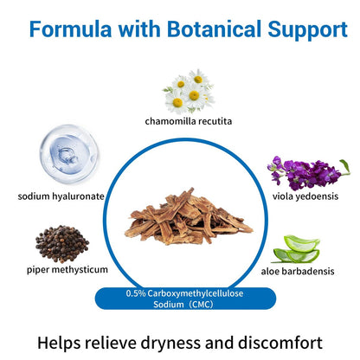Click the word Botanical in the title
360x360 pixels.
215,29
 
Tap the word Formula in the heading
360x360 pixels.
70,29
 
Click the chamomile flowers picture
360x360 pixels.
189,92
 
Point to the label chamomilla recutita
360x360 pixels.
189,121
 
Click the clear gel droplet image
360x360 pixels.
69,154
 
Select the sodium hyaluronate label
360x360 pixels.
61,196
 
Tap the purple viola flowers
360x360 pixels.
305,173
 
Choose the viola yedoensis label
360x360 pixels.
305,196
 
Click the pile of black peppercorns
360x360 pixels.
62,244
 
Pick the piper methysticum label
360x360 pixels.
67,270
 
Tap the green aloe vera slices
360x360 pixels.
296,249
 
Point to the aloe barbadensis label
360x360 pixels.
298,272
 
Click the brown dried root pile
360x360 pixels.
189,217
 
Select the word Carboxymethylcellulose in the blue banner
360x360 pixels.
196,293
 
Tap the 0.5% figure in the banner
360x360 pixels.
136,293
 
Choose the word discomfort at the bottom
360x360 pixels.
280,343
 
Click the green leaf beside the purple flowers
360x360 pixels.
344,167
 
